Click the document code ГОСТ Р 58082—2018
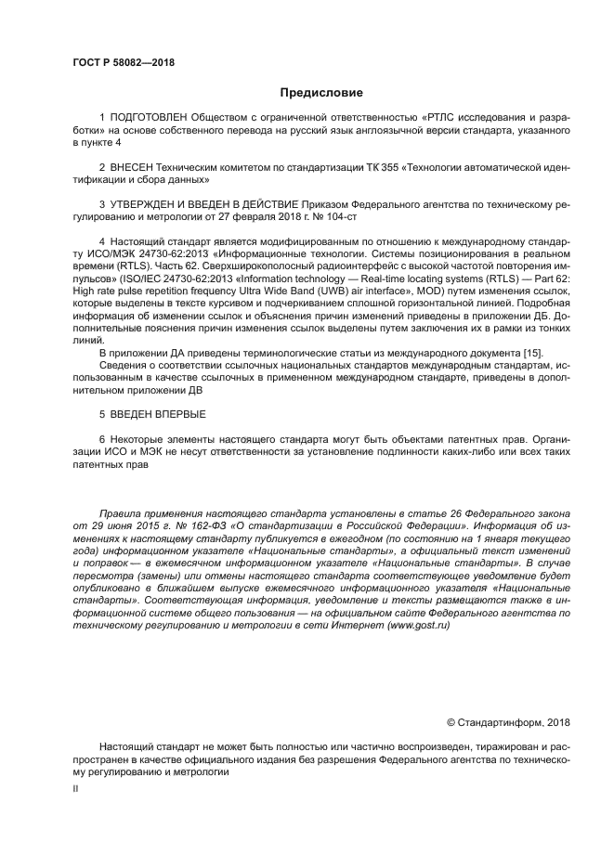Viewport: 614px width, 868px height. point(123,63)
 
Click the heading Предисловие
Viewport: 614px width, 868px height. point(321,93)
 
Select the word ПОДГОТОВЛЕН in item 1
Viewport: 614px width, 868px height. point(149,119)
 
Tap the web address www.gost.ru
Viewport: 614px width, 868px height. point(418,626)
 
